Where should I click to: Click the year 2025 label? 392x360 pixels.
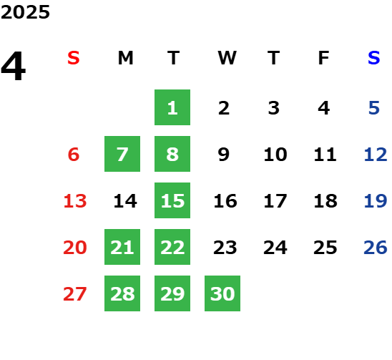pyautogui.click(x=25, y=12)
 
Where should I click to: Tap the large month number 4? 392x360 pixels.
pyautogui.click(x=14, y=66)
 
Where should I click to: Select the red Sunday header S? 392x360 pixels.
pyautogui.click(x=74, y=58)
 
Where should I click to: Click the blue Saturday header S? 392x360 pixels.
pyautogui.click(x=373, y=58)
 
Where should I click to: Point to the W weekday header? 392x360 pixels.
pyautogui.click(x=227, y=58)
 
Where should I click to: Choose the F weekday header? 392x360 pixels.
pyautogui.click(x=324, y=58)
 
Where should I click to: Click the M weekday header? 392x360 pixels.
pyautogui.click(x=125, y=58)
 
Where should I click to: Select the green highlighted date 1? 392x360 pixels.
pyautogui.click(x=172, y=107)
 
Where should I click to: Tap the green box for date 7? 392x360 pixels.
pyautogui.click(x=122, y=154)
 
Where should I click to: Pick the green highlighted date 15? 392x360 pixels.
pyautogui.click(x=172, y=200)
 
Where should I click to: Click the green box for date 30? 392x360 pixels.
pyautogui.click(x=222, y=293)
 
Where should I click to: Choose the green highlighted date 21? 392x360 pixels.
pyautogui.click(x=122, y=247)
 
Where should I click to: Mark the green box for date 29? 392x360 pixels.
pyautogui.click(x=172, y=293)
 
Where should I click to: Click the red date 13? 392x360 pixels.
pyautogui.click(x=75, y=201)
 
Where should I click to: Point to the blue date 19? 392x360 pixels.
pyautogui.click(x=376, y=201)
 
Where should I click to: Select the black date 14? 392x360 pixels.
pyautogui.click(x=125, y=201)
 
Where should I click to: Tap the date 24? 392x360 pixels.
pyautogui.click(x=275, y=248)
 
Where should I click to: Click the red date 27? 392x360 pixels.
pyautogui.click(x=75, y=294)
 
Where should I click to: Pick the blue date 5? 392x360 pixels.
pyautogui.click(x=374, y=108)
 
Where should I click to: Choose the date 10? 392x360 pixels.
pyautogui.click(x=275, y=155)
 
